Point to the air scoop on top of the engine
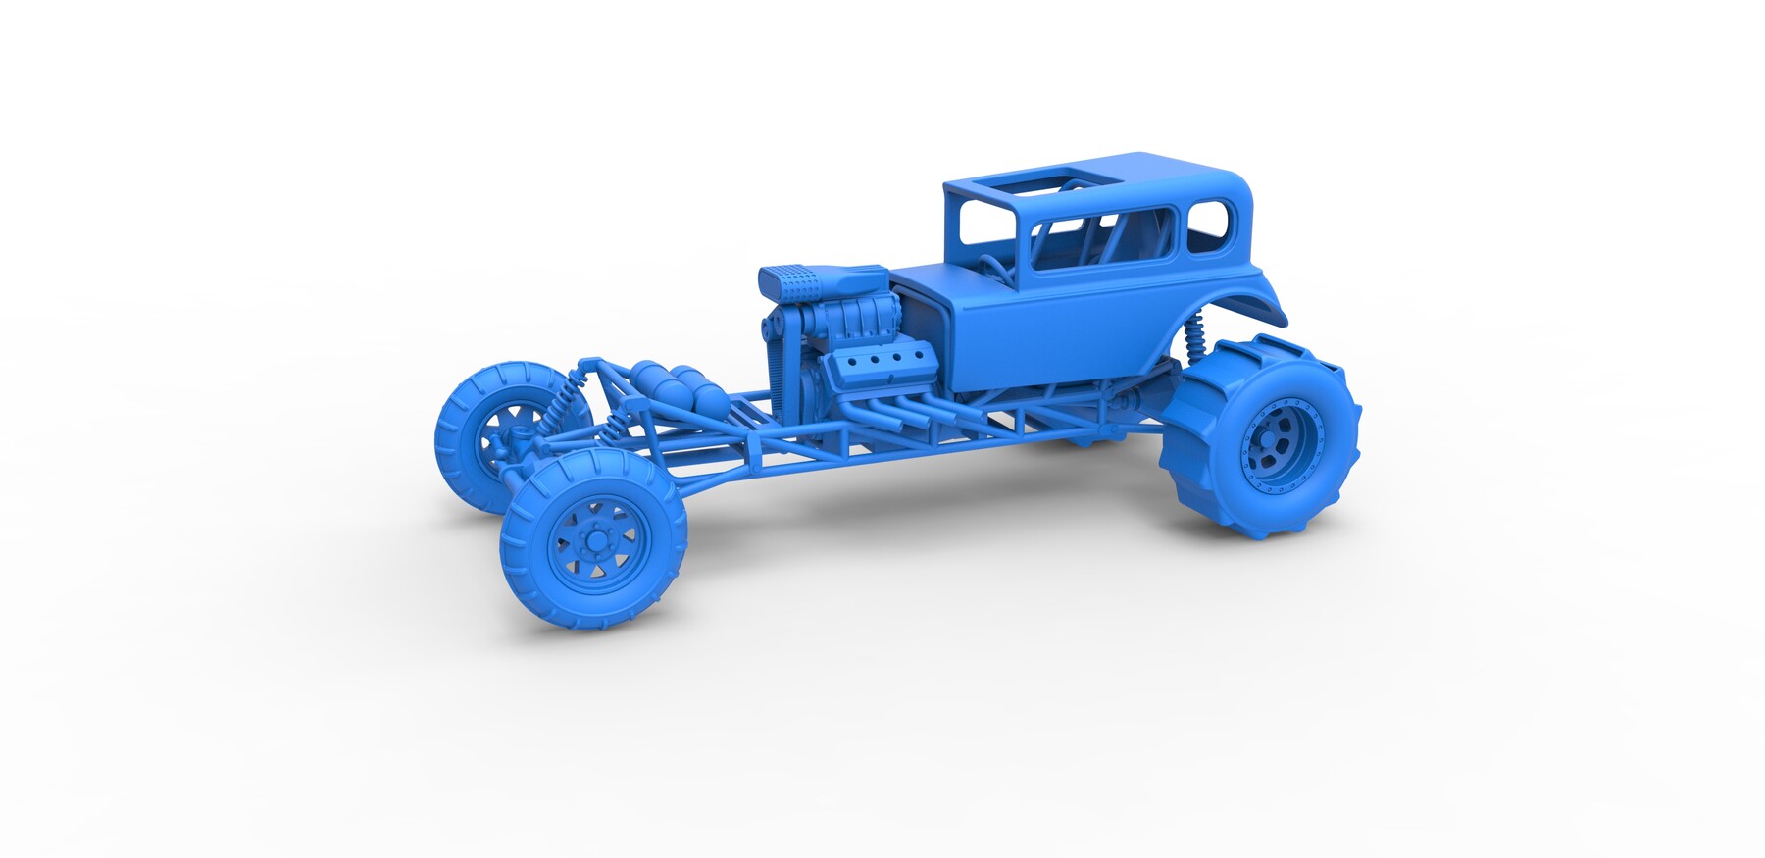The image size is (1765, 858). coord(822,280)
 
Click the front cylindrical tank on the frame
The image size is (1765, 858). coord(652,379)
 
